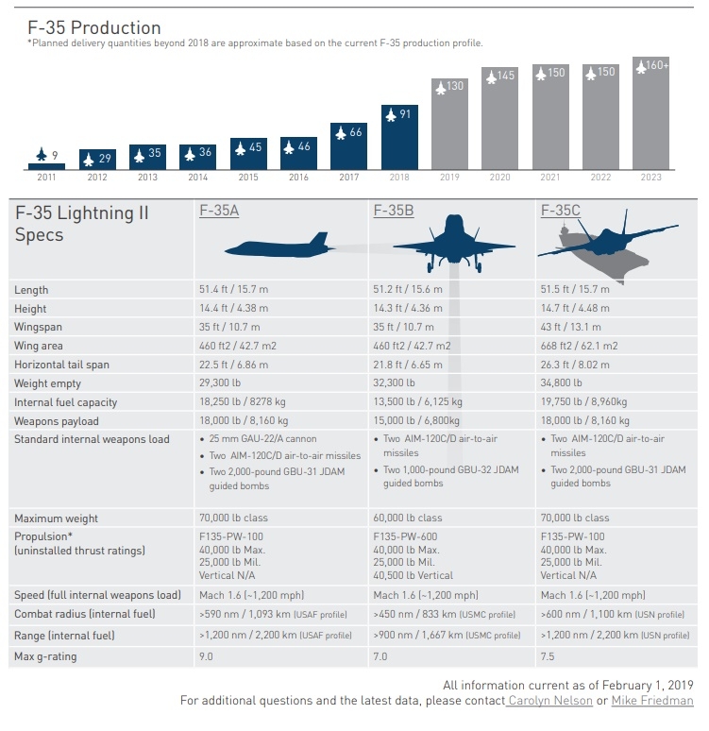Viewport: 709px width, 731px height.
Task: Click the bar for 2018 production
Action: pyautogui.click(x=399, y=136)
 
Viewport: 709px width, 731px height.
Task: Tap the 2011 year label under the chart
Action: pyautogui.click(x=46, y=178)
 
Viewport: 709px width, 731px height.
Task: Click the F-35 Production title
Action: pyautogui.click(x=94, y=28)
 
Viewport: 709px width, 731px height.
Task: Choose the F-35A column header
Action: pyautogui.click(x=219, y=211)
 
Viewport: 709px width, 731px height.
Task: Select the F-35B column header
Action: pyautogui.click(x=394, y=211)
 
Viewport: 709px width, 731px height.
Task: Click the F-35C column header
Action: pyautogui.click(x=560, y=211)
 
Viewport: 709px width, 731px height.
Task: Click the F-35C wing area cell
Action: pyautogui.click(x=578, y=347)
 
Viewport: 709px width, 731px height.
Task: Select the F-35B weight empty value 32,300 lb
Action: pyautogui.click(x=394, y=383)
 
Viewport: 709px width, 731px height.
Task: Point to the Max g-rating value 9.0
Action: pyautogui.click(x=207, y=656)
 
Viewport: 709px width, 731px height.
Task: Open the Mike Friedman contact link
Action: pyautogui.click(x=652, y=701)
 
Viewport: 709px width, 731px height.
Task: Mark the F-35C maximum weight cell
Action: pyautogui.click(x=575, y=518)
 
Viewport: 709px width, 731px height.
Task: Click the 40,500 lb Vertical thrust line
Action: pyautogui.click(x=414, y=575)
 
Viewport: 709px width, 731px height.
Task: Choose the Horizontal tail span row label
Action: pyautogui.click(x=61, y=365)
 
